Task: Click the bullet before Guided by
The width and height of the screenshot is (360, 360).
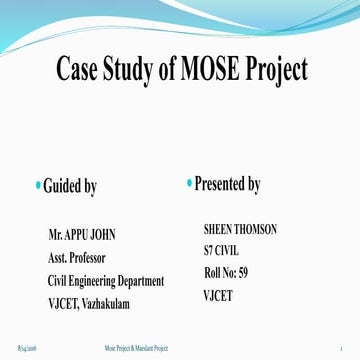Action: coord(37,185)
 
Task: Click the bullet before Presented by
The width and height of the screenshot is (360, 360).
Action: coord(188,183)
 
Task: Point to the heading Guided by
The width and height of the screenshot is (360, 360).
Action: coord(71,186)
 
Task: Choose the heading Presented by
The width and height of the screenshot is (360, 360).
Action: coord(227,184)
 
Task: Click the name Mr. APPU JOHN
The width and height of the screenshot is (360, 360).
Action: coord(82,236)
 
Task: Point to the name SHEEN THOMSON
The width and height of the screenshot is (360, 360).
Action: coord(240,229)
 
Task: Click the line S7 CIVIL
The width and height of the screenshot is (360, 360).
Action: coord(223,250)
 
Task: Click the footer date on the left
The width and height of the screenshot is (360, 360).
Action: coord(27,346)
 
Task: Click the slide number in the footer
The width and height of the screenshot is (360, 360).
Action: coord(341,346)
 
